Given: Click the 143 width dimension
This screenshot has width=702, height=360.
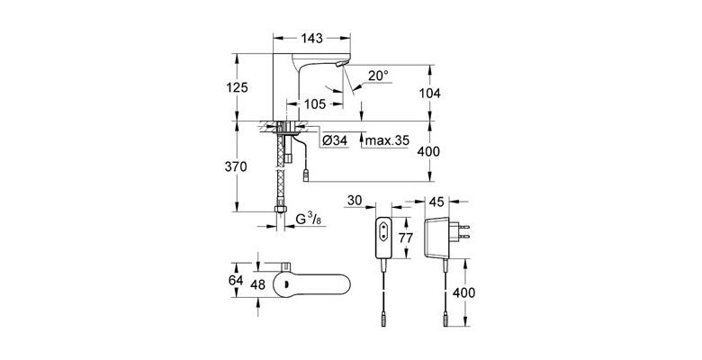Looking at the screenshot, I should pyautogui.click(x=311, y=39).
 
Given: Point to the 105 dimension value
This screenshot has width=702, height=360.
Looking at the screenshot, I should pyautogui.click(x=313, y=104).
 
